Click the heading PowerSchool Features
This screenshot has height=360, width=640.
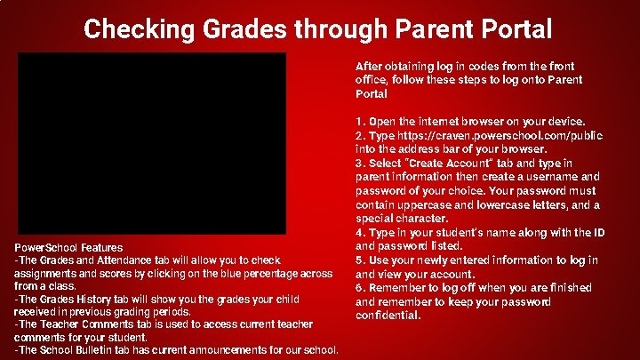[x=68, y=247]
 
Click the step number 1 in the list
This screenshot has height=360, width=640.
[x=358, y=122]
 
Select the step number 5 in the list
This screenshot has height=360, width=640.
[x=358, y=260]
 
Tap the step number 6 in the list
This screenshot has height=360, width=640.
[x=358, y=288]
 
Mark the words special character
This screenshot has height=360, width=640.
[x=390, y=219]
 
